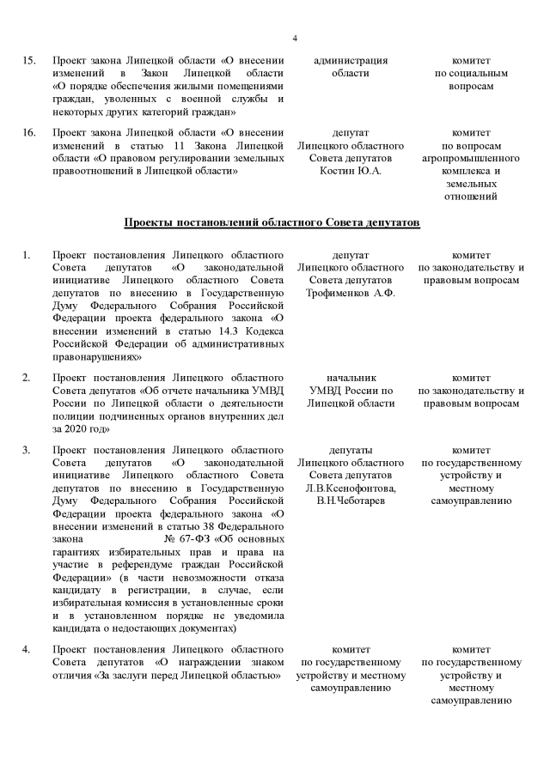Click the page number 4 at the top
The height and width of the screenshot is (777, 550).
(295, 39)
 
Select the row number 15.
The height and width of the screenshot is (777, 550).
(28, 61)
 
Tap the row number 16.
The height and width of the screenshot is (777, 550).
(28, 133)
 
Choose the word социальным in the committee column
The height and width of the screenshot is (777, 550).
(480, 74)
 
